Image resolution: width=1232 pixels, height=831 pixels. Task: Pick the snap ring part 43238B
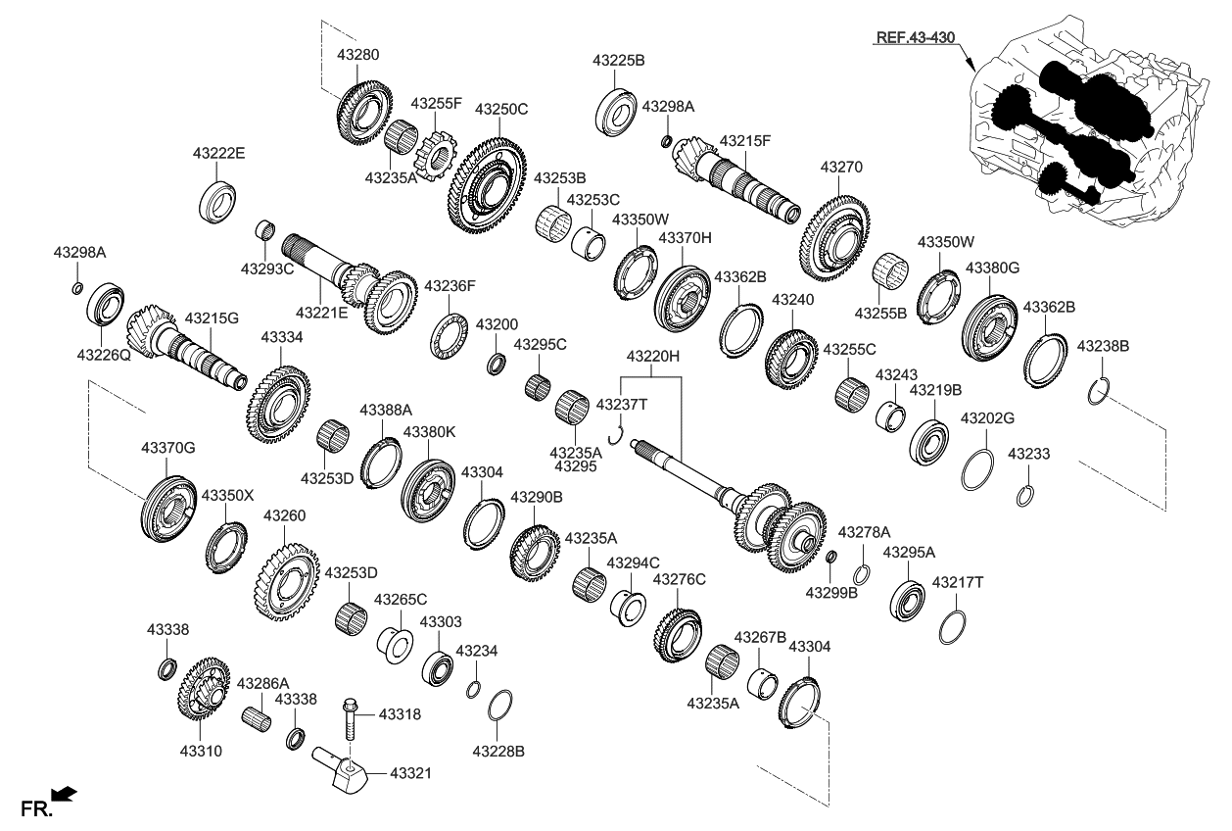coord(1099,390)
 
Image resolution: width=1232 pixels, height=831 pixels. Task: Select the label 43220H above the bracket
coord(653,357)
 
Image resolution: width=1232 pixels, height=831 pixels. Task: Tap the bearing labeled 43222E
coord(219,201)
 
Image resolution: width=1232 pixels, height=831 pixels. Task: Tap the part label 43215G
coord(212,318)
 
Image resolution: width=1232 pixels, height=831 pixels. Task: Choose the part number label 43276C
coord(679,580)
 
